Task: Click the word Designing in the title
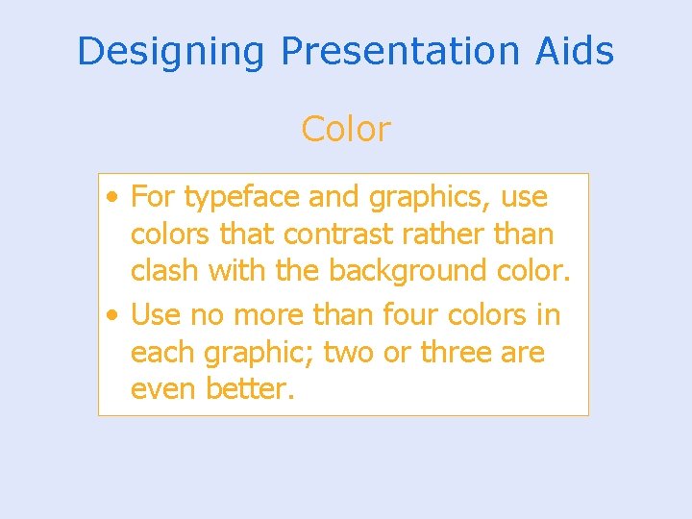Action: (x=170, y=51)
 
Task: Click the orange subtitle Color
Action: (x=346, y=129)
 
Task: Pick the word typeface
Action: (x=242, y=198)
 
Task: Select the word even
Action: (x=161, y=389)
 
